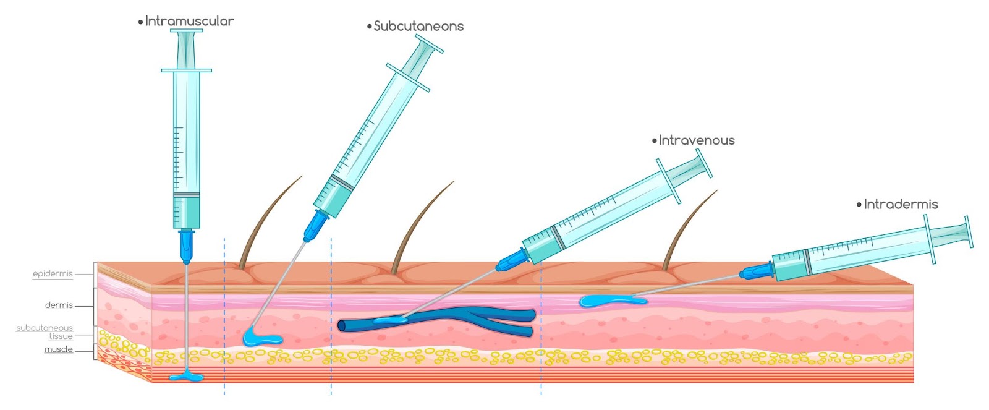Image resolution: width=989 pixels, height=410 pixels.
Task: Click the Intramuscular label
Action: click(x=189, y=21)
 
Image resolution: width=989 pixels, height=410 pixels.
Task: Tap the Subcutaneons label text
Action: click(x=418, y=27)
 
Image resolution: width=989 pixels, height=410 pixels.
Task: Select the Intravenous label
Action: click(x=696, y=140)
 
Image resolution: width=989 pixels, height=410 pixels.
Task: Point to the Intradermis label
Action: click(x=901, y=204)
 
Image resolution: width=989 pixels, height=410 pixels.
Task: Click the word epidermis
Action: click(x=53, y=274)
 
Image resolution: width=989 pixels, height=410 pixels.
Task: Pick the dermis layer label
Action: click(x=59, y=305)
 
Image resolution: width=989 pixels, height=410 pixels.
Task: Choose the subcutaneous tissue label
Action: click(x=45, y=332)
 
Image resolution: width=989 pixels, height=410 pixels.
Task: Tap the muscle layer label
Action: click(x=59, y=349)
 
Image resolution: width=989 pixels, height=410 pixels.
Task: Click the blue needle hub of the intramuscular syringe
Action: click(x=186, y=246)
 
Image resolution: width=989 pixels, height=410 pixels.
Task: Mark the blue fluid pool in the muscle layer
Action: click(x=186, y=377)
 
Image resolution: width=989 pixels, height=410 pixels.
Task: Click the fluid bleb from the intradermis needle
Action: click(x=612, y=301)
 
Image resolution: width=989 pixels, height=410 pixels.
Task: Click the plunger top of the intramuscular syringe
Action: click(x=186, y=30)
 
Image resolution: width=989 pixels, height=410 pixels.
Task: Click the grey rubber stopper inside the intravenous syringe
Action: click(x=558, y=237)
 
